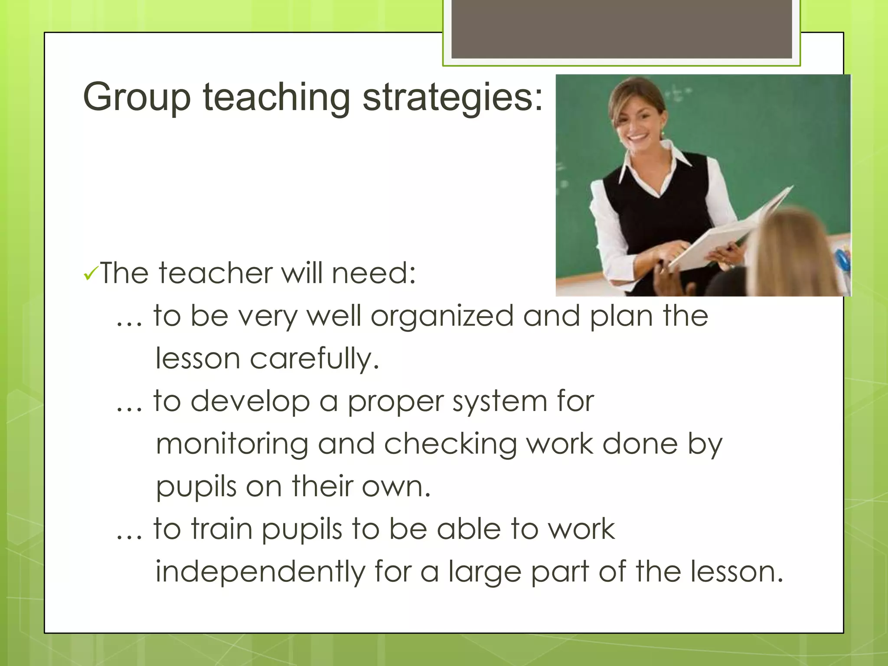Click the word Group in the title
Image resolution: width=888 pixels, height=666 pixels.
click(137, 98)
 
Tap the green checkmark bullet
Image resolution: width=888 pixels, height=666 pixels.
click(91, 273)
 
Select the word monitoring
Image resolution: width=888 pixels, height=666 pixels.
click(232, 444)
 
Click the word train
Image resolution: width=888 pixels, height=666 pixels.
click(222, 529)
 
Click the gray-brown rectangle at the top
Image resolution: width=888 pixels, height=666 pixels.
click(621, 29)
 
